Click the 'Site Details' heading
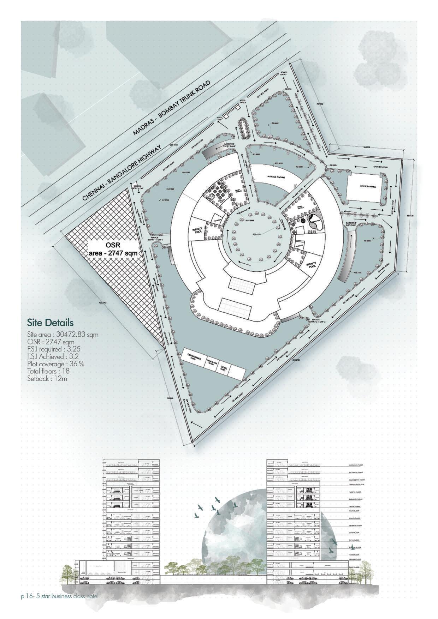tap(50, 323)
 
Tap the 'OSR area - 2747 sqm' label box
tap(112, 249)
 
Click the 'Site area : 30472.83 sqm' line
tap(63, 334)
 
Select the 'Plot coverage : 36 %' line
tap(55, 364)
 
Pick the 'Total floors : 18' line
tap(48, 371)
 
